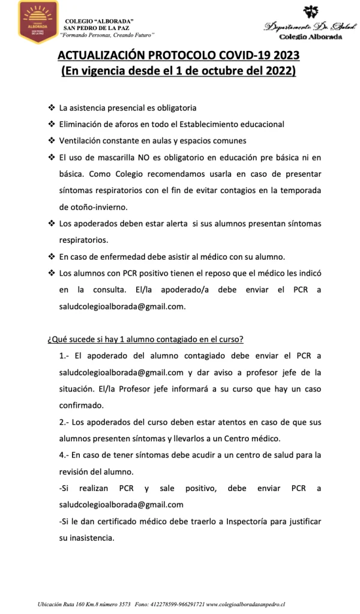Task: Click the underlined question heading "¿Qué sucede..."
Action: click(x=153, y=339)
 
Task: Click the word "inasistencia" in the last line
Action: click(x=92, y=537)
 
